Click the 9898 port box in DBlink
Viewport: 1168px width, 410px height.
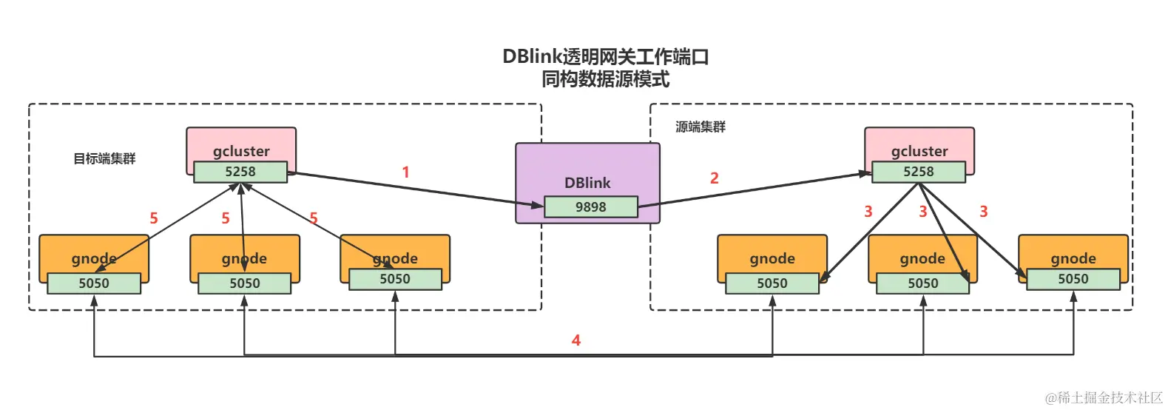point(590,207)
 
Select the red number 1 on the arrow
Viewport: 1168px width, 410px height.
point(405,172)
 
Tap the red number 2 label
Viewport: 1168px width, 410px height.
point(714,178)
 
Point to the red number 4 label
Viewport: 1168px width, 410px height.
point(575,340)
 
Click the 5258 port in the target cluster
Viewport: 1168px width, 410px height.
point(240,172)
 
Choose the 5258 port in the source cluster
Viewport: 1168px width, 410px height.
point(918,172)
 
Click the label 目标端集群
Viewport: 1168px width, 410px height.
point(104,158)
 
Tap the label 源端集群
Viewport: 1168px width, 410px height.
point(700,127)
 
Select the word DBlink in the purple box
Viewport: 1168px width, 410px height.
point(587,183)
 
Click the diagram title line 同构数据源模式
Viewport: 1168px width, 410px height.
point(605,79)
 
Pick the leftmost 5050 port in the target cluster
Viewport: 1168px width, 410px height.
point(94,283)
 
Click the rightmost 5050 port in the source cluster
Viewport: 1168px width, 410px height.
point(1073,279)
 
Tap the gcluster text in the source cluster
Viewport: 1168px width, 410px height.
point(919,151)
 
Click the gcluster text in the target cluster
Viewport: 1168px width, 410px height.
point(241,151)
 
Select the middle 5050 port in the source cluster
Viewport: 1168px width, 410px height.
point(922,283)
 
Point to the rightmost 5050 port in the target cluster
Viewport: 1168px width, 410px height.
point(395,279)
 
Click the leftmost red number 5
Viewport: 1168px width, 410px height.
point(154,218)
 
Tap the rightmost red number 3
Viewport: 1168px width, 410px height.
point(983,212)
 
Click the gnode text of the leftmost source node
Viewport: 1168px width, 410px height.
point(772,258)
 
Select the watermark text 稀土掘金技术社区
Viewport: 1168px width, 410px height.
point(1110,398)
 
